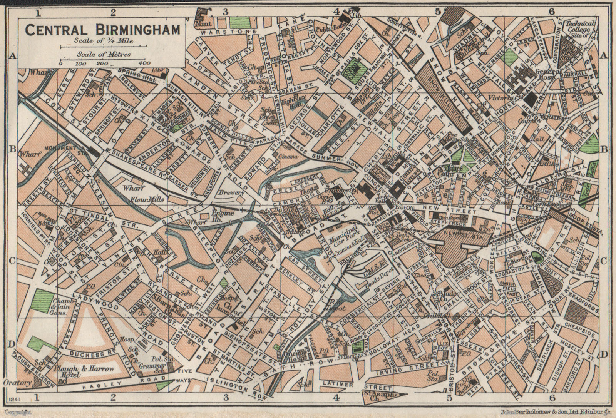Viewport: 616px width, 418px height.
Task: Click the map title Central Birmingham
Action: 102,29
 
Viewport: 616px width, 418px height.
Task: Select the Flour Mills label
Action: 147,199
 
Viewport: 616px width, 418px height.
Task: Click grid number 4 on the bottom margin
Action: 336,398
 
